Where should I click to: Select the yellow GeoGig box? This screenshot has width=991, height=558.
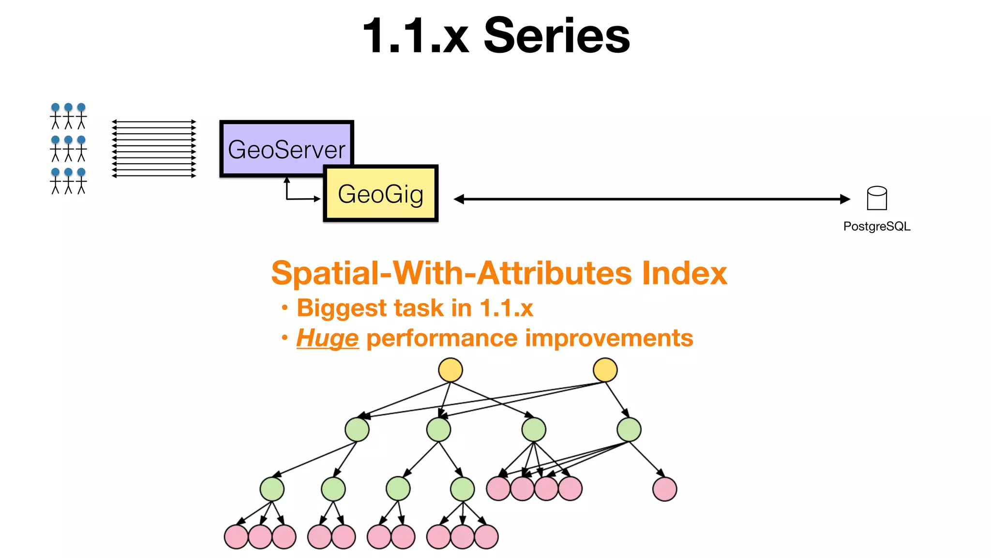pyautogui.click(x=381, y=194)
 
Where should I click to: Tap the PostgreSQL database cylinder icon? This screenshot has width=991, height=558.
pyautogui.click(x=877, y=198)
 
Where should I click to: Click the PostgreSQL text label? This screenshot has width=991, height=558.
pyautogui.click(x=877, y=226)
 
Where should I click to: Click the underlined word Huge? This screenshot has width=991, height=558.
pyautogui.click(x=328, y=338)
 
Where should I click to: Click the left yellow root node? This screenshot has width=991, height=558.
pyautogui.click(x=450, y=370)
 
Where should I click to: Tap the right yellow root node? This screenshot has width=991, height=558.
pyautogui.click(x=605, y=370)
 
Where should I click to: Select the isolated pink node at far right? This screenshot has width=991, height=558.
pyautogui.click(x=664, y=489)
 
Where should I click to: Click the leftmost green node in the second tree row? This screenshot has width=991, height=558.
pyautogui.click(x=357, y=429)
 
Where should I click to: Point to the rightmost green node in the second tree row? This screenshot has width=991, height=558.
pyautogui.click(x=629, y=429)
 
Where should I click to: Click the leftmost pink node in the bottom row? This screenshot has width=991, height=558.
pyautogui.click(x=236, y=537)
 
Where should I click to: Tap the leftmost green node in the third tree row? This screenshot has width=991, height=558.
pyautogui.click(x=272, y=489)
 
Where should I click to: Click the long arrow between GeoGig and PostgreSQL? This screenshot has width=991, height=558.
pyautogui.click(x=651, y=199)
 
